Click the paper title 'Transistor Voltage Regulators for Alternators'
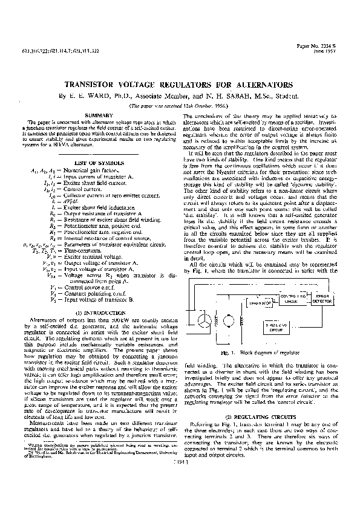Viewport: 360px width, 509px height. (x=179, y=85)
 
